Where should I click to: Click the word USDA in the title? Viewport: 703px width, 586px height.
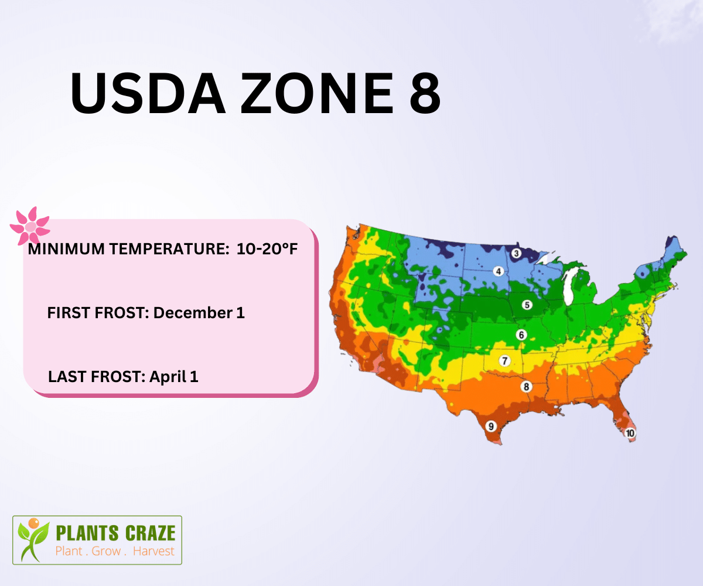148,93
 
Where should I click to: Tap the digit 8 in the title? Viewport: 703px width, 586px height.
425,93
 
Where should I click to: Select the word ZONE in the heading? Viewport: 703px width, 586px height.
317,93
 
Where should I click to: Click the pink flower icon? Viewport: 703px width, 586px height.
30,226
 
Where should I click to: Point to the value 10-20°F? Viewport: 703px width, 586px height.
267,249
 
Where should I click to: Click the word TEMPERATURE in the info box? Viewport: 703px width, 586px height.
169,249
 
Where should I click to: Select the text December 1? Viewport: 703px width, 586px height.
199,313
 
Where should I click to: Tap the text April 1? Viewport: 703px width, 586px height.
174,377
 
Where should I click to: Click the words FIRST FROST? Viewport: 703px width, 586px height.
98,313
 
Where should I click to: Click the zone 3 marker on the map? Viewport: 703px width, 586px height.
516,253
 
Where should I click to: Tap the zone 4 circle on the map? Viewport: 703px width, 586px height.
499,271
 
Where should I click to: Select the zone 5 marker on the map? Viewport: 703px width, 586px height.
527,305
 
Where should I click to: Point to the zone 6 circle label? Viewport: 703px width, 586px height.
521,335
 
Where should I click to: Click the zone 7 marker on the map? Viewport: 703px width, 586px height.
504,361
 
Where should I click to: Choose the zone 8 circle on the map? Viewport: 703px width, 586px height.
526,387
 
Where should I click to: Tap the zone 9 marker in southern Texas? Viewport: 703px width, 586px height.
491,427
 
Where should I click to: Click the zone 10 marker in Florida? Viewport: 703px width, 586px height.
630,433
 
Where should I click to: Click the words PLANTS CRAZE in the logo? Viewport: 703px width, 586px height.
115,533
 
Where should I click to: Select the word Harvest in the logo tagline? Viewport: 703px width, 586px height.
153,551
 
